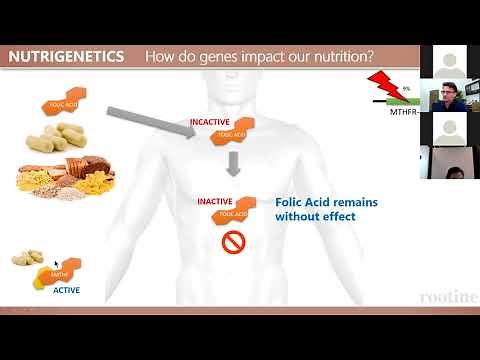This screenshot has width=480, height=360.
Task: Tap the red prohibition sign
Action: pyautogui.click(x=233, y=242)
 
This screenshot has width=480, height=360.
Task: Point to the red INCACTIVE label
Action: pyautogui.click(x=211, y=123)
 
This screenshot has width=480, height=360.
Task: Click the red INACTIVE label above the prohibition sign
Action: pyautogui.click(x=216, y=201)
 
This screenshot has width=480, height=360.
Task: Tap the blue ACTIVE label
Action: pyautogui.click(x=67, y=291)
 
